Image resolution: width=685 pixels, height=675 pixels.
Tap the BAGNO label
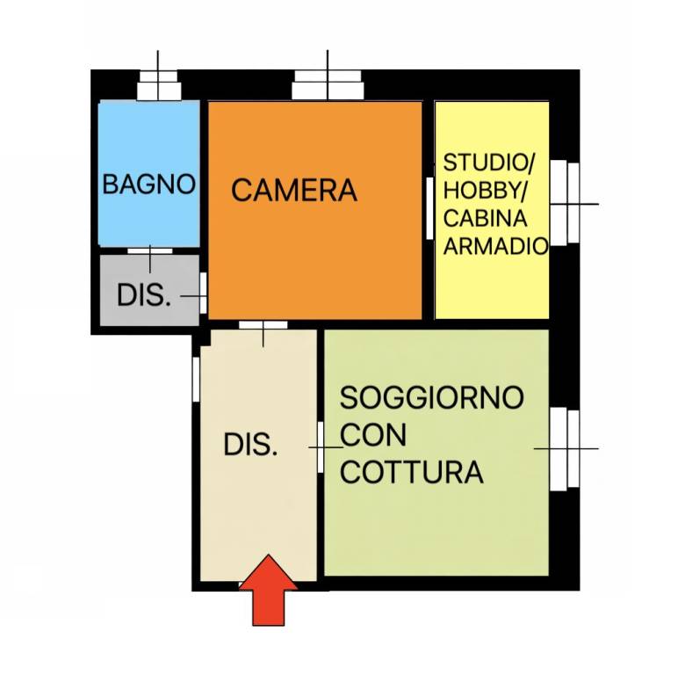(148, 185)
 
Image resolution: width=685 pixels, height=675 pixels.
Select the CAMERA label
(294, 190)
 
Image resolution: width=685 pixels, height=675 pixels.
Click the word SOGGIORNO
(431, 397)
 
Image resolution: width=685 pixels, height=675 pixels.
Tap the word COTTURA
(411, 472)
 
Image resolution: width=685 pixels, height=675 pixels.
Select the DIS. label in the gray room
(143, 295)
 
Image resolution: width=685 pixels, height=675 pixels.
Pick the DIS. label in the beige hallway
(250, 446)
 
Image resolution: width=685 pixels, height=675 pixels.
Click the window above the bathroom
(159, 88)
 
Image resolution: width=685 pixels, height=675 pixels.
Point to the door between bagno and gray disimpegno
(149, 251)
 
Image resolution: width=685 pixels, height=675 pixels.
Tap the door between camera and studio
(429, 207)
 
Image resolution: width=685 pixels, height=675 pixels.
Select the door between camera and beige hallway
(263, 325)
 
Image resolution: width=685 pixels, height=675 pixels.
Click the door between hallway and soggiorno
(321, 446)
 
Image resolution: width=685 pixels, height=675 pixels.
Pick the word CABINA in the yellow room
(485, 219)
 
